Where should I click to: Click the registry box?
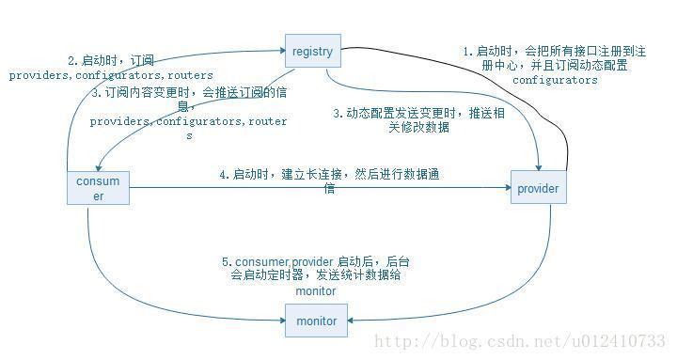312,52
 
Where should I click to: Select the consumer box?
97,189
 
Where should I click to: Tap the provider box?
538,189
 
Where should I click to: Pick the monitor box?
316,321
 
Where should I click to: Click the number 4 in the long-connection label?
223,175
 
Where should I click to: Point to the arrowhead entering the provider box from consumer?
506,189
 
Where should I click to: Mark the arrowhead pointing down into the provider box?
536,167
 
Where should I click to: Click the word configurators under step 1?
555,81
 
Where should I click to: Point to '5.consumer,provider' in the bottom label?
273,261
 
